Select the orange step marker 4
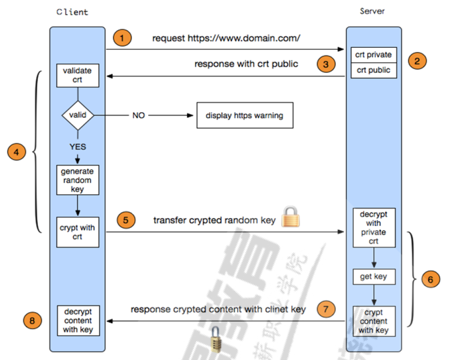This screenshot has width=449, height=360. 17,151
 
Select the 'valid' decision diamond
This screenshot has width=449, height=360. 78,114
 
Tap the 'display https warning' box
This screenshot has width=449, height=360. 244,116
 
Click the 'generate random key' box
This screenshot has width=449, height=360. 78,180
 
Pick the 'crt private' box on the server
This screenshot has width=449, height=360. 373,55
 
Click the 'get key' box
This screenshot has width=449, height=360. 373,277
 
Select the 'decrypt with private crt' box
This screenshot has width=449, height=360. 373,228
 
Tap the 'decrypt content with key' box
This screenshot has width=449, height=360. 78,321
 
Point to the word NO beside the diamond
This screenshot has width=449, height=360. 138,116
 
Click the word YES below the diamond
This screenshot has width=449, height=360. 78,147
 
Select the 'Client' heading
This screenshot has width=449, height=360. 72,12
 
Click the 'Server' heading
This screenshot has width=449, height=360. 372,11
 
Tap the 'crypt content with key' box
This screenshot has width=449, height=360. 373,321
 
